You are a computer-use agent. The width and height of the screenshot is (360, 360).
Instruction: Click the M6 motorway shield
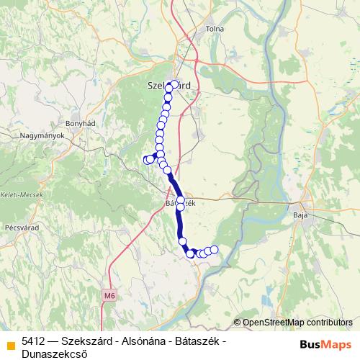coord(109,294)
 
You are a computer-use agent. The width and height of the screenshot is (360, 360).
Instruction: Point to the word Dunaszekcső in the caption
coord(53,353)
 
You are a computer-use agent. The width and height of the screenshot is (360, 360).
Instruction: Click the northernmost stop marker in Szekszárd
coord(174,84)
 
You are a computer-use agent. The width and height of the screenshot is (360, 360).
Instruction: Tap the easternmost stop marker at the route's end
coord(214,249)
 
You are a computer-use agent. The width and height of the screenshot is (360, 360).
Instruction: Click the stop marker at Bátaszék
coord(181,202)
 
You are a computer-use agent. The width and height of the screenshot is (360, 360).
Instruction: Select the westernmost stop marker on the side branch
coord(147,160)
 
